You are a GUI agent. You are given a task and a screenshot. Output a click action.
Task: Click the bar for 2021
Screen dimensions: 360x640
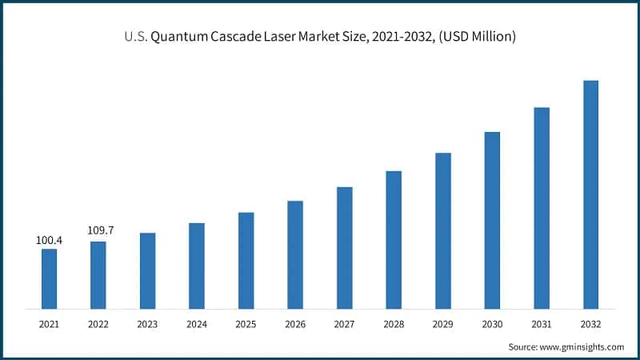click(50, 278)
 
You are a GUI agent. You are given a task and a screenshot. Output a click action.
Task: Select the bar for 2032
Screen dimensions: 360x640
click(590, 194)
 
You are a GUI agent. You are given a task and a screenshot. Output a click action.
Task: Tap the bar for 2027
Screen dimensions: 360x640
click(345, 248)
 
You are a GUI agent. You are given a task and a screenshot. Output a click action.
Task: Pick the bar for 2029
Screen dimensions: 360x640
click(443, 230)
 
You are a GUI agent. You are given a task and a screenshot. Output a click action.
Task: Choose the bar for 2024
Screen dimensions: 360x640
click(197, 266)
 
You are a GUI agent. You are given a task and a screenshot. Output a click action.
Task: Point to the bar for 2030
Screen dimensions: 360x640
click(492, 220)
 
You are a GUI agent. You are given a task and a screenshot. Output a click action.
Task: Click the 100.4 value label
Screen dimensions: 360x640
click(50, 239)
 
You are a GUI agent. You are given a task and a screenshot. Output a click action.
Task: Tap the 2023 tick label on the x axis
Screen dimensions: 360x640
click(147, 324)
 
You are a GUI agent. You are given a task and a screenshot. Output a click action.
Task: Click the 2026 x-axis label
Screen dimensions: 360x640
click(295, 324)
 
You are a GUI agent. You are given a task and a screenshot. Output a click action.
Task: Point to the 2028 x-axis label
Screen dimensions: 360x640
click(394, 324)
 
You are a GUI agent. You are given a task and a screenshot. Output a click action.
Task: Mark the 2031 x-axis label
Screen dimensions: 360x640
click(542, 324)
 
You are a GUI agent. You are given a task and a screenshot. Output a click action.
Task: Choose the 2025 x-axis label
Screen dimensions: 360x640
click(246, 324)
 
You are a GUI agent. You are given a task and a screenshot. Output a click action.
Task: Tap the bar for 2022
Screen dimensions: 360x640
click(98, 274)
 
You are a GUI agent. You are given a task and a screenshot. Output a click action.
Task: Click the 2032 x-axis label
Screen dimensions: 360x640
click(590, 324)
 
